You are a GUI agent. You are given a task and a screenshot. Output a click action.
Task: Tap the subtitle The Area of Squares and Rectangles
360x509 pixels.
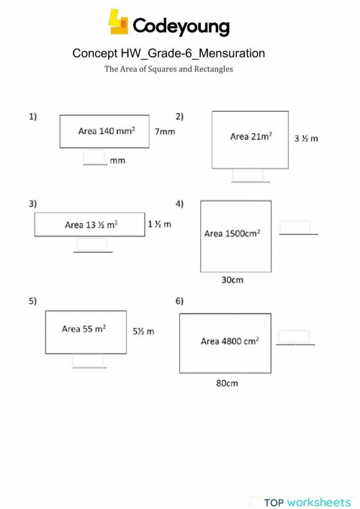point(168,69)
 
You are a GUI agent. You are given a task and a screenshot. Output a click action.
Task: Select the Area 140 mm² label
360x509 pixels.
point(106,132)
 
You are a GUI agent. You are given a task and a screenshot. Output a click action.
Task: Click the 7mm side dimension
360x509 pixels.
point(165,132)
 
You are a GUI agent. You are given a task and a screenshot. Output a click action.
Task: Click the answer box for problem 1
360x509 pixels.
point(94,157)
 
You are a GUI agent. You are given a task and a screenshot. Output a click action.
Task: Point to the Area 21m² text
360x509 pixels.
point(251,136)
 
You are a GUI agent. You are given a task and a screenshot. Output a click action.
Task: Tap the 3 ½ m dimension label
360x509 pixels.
point(307,139)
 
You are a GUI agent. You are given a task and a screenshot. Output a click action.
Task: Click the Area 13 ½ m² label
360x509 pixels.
point(91,225)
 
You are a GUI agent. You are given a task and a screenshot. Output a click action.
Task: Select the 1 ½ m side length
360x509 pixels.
point(159,224)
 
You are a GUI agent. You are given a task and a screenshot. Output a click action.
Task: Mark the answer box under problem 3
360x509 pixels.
point(91,245)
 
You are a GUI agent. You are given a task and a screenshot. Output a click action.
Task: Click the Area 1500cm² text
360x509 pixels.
point(232,233)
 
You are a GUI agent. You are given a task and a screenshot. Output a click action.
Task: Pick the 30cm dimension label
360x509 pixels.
point(232,280)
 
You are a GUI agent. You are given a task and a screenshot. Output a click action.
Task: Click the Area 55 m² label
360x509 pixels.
point(84,329)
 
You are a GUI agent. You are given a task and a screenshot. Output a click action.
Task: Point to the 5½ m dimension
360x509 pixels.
point(143,331)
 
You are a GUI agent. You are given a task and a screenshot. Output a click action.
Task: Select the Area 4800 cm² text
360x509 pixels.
point(230,341)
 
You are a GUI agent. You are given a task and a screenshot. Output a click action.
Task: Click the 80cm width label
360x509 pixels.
point(227,383)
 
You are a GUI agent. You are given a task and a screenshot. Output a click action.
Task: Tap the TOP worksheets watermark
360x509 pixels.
point(306,502)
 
